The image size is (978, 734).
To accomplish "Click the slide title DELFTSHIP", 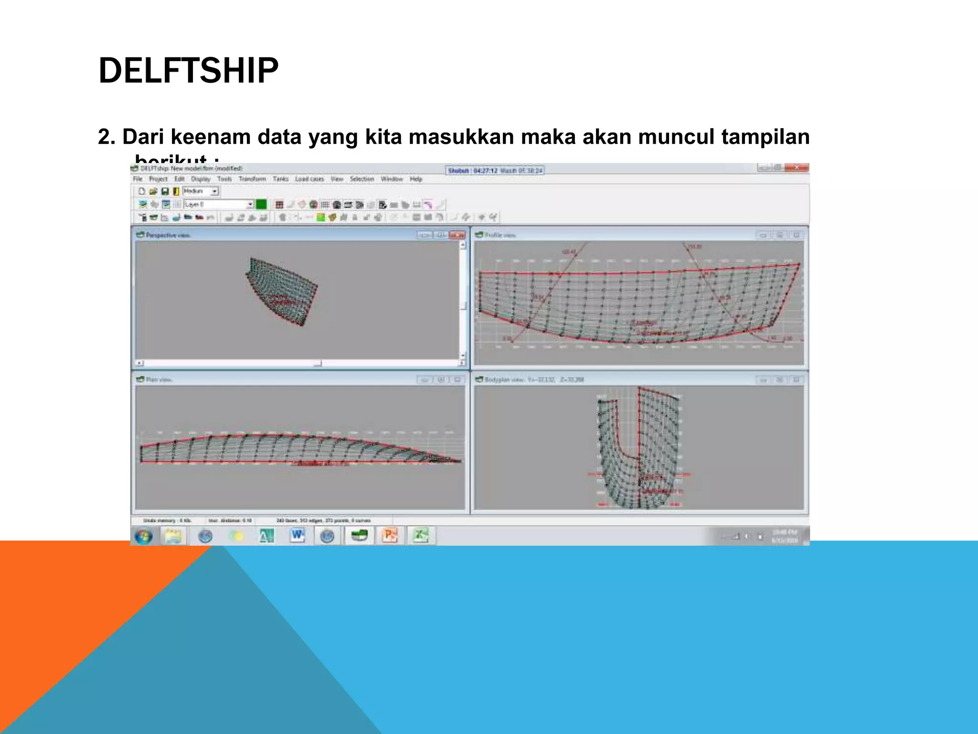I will [x=188, y=71].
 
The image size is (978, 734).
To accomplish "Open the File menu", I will [x=138, y=179].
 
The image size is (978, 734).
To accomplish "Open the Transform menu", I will [x=252, y=179].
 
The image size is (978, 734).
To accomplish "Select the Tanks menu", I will [x=281, y=179].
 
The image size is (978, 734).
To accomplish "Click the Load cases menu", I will [x=309, y=179].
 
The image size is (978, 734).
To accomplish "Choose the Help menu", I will [x=416, y=179].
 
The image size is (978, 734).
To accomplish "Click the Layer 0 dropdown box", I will [x=218, y=205].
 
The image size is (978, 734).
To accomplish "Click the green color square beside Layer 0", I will [x=261, y=205].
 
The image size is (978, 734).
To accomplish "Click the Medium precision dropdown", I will [x=201, y=191].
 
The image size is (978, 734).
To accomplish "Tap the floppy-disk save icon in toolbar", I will [x=165, y=192].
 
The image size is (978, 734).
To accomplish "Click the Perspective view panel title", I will [x=168, y=235].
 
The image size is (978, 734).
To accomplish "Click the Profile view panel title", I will [x=500, y=235].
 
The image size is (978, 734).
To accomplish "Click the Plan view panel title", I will [x=159, y=379].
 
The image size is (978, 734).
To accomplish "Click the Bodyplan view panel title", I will [x=534, y=379].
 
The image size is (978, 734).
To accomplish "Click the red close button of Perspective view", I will [x=457, y=235].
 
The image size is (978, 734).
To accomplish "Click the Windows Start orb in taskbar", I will [x=143, y=536].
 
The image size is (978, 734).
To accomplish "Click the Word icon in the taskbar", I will [x=297, y=536].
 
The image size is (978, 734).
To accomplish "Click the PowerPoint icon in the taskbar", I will [x=390, y=536].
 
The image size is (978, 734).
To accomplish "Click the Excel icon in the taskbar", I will [x=420, y=536].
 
